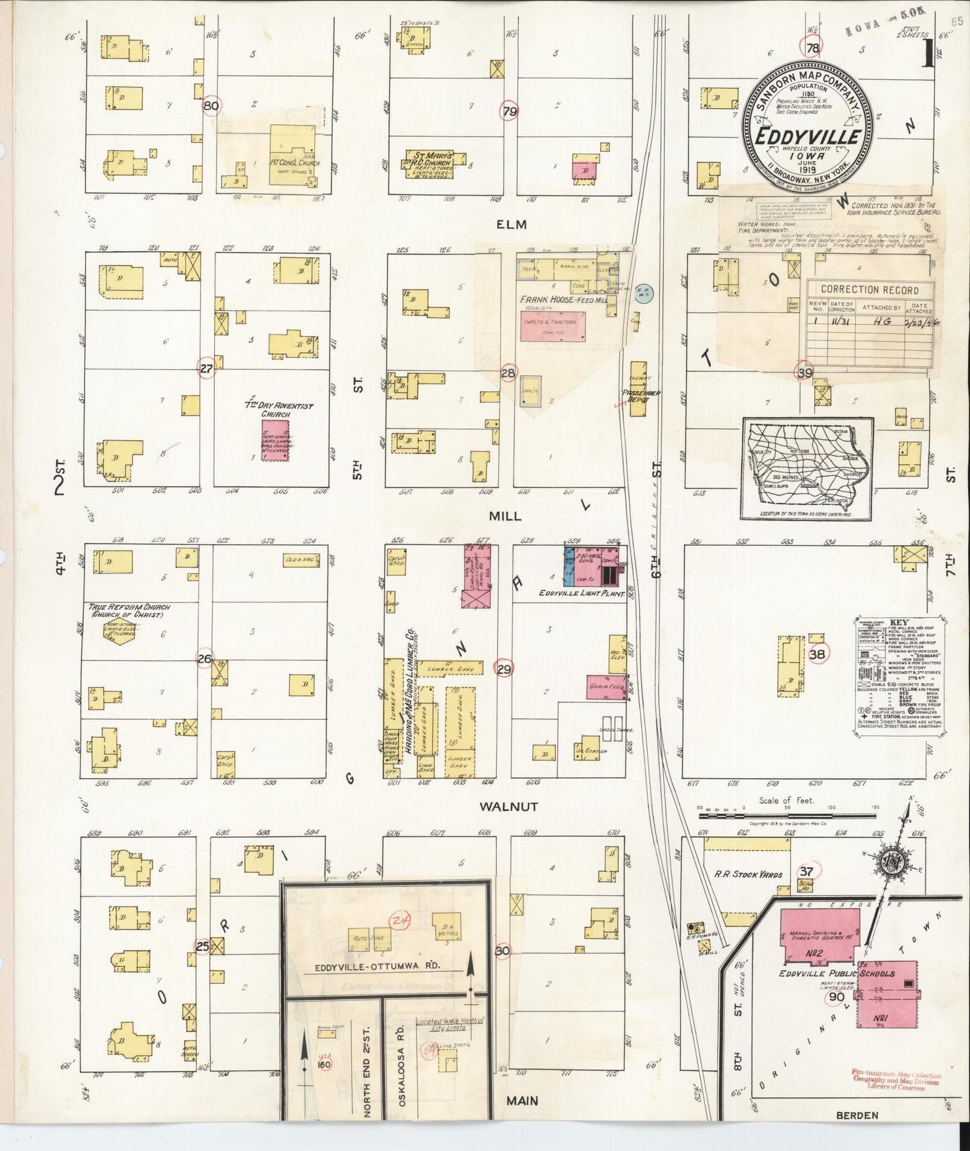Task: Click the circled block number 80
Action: click(x=211, y=105)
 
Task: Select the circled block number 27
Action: click(x=206, y=368)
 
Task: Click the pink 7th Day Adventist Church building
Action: click(x=275, y=441)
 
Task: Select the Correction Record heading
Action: click(x=869, y=289)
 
